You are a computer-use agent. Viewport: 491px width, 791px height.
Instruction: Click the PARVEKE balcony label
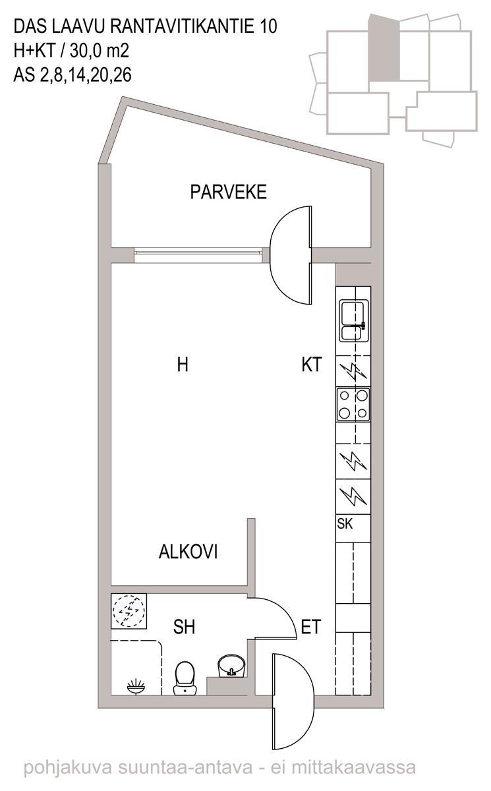228,192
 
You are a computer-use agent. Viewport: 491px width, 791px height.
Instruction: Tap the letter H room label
183,365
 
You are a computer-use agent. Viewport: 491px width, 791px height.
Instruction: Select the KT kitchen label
312,365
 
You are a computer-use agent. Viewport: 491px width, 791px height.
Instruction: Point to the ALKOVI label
188,551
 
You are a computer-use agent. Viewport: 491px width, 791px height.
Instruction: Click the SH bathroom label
184,627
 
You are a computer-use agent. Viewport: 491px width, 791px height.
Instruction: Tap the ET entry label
310,627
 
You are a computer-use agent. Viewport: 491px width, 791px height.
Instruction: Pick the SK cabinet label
345,523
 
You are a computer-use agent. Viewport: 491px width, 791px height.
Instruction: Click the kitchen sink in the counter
354,320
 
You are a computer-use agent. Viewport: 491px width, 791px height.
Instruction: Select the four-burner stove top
353,404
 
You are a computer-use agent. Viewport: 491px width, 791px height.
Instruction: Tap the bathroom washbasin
231,666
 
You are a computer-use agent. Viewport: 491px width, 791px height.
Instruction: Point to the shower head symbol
136,686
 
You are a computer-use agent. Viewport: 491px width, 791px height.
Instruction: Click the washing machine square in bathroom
129,611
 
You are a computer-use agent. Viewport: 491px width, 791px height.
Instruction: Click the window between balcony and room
198,255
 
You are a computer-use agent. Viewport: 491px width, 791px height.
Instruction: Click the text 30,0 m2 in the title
100,51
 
